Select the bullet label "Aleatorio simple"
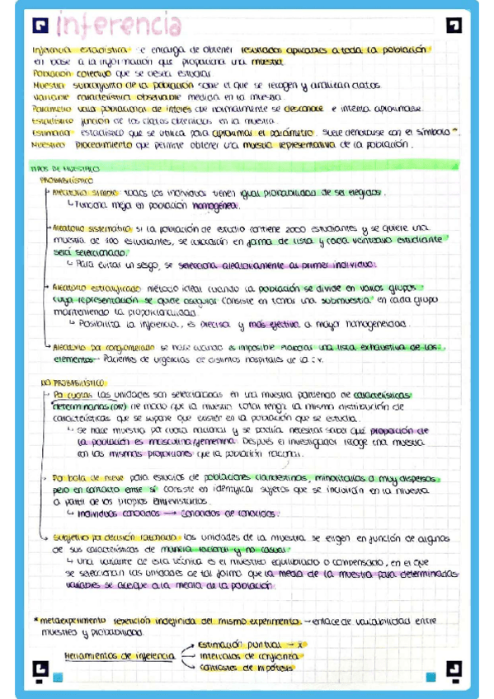pyautogui.click(x=79, y=192)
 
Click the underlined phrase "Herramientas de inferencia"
pyautogui.click(x=119, y=655)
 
